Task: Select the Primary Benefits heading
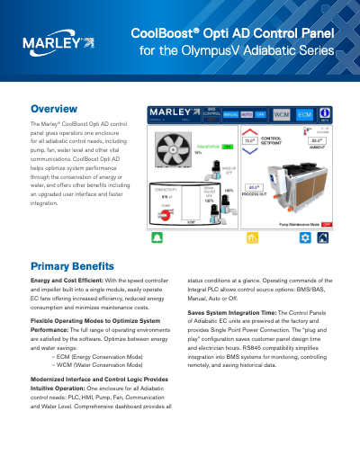72,267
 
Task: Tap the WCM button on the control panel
282,114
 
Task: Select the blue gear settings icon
304,238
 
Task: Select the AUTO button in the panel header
245,114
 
